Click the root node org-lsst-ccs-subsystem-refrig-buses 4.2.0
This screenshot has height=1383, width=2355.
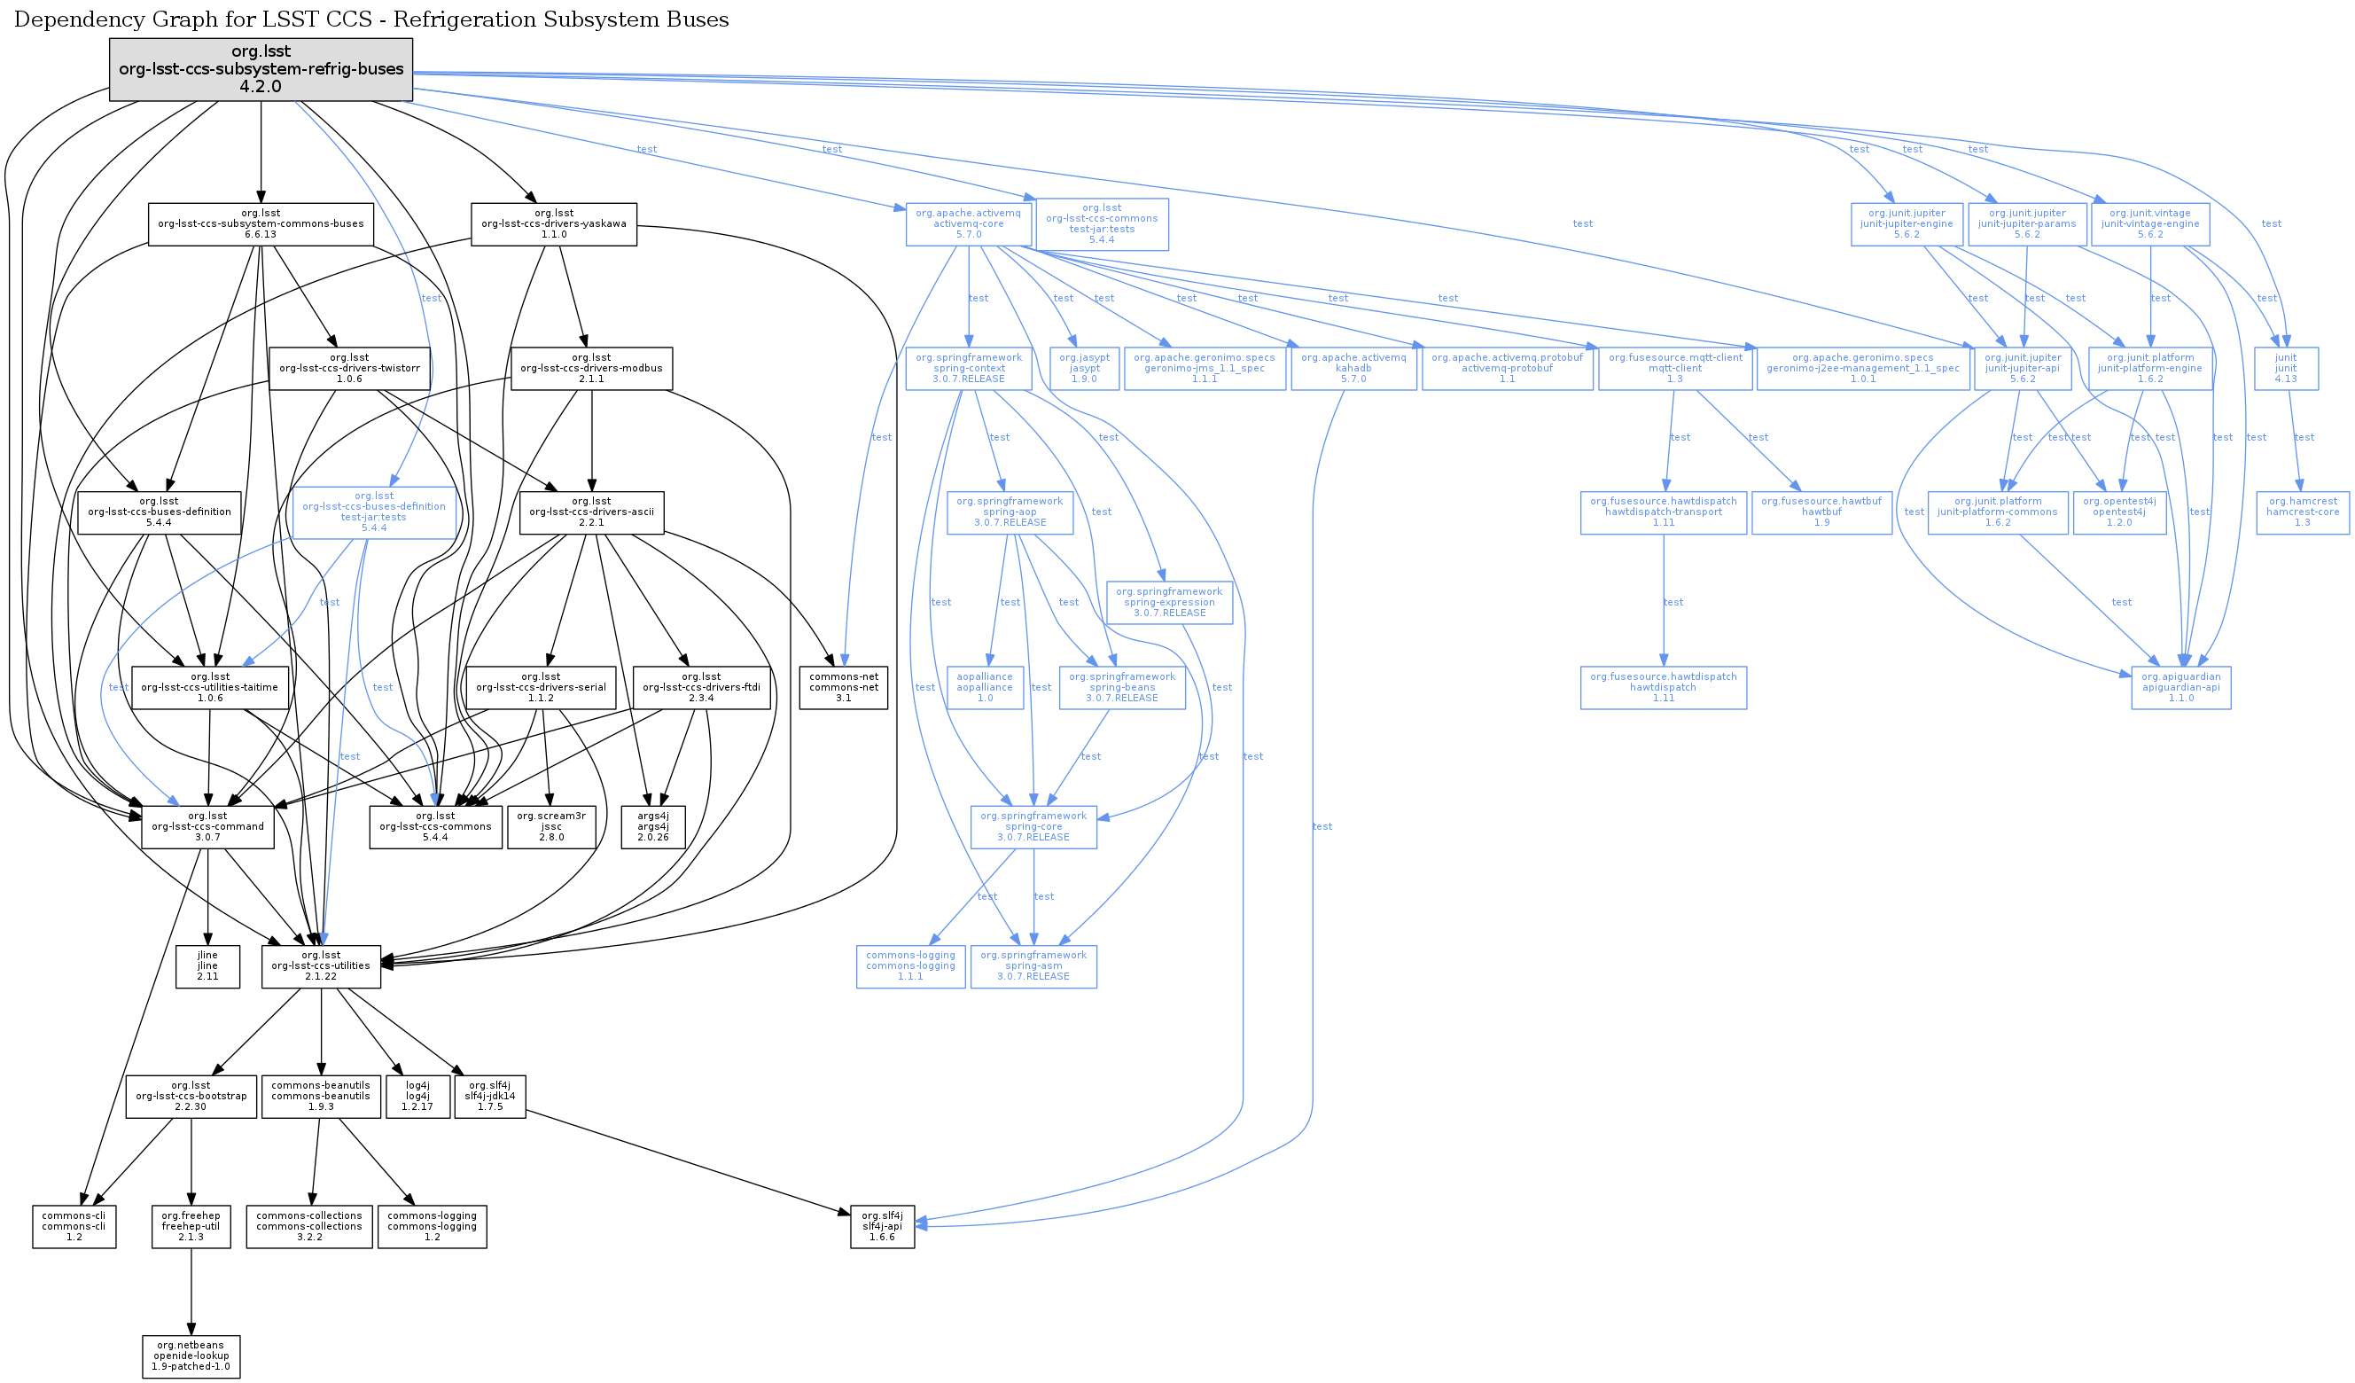[x=261, y=69]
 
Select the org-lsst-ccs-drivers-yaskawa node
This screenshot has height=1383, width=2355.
[x=553, y=224]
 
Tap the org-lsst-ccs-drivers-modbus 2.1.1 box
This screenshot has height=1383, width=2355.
[x=591, y=368]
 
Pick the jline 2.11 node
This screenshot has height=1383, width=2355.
[x=207, y=966]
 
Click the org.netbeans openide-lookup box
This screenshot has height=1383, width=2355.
[x=191, y=1356]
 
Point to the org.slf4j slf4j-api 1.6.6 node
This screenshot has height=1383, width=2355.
[x=881, y=1226]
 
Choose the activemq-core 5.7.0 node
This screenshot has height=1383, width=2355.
[x=968, y=224]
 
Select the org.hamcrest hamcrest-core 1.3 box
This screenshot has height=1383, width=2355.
[x=2302, y=512]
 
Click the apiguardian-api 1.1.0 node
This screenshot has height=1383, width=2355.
[x=2180, y=688]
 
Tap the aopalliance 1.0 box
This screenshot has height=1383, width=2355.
[x=985, y=688]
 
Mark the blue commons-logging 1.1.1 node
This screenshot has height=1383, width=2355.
[x=910, y=966]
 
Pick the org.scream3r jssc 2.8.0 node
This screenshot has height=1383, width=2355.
[x=551, y=827]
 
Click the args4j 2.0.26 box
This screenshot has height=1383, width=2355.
[x=652, y=827]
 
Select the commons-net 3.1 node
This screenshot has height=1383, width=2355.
[x=843, y=688]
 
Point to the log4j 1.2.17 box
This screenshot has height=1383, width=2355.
[x=417, y=1096]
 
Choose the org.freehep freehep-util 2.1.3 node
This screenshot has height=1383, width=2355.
[x=191, y=1226]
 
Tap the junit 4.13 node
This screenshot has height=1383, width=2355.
[x=2285, y=368]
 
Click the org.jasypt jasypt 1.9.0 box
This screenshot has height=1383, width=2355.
[x=1084, y=368]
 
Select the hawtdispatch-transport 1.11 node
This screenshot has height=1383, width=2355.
[x=1663, y=512]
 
